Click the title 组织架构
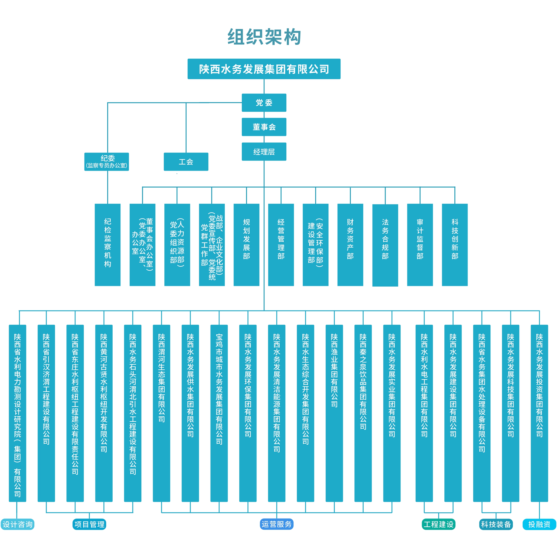pos(264,37)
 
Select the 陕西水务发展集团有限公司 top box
pos(264,69)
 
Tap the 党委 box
pos(264,102)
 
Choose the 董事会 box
pos(264,127)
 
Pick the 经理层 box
pos(264,152)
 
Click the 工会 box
pos(186,162)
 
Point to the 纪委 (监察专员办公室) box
pos(106,162)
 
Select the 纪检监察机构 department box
pos(108,245)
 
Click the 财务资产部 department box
pos(350,245)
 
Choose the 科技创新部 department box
pos(455,245)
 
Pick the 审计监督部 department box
pos(420,245)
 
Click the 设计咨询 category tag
pos(17,524)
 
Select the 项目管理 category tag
pos(90,524)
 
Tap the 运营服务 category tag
pos(277,524)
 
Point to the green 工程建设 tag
pos(438,524)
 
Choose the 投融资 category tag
pos(539,524)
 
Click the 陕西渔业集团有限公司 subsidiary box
pos(334,413)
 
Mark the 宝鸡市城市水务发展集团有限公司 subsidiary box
pos(219,413)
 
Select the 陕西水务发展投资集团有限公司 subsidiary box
pos(539,413)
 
